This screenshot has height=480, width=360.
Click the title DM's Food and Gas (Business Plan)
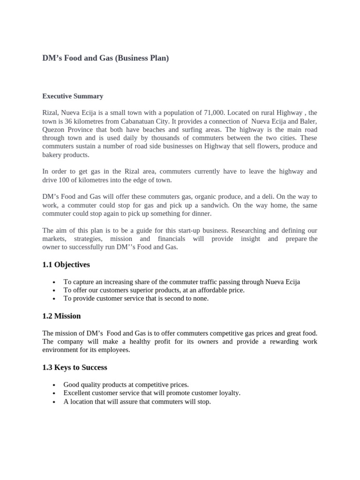105,59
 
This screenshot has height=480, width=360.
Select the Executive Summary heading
73,96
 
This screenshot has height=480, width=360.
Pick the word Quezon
53,130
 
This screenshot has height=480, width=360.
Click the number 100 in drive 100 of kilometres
67,180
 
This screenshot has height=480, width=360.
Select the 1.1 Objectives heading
66,265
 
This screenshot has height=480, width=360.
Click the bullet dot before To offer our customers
55,291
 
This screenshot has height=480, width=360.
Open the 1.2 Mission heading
61,316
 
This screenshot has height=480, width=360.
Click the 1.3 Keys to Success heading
75,367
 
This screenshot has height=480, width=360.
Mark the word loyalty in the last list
228,393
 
